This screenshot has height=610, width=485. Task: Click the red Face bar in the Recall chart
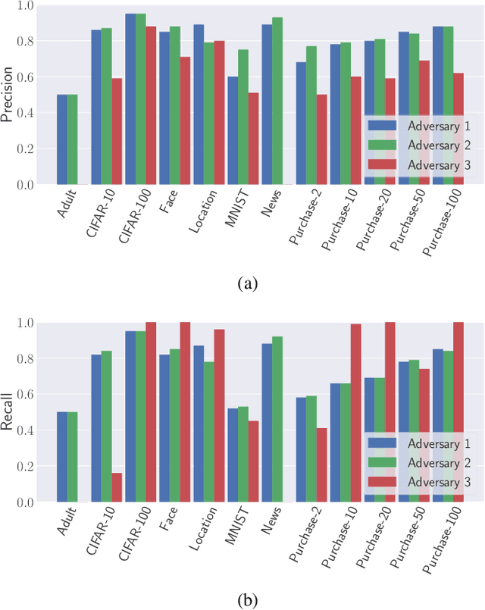184,412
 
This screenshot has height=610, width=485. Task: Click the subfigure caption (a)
248,284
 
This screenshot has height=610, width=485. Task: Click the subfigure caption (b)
248,601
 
